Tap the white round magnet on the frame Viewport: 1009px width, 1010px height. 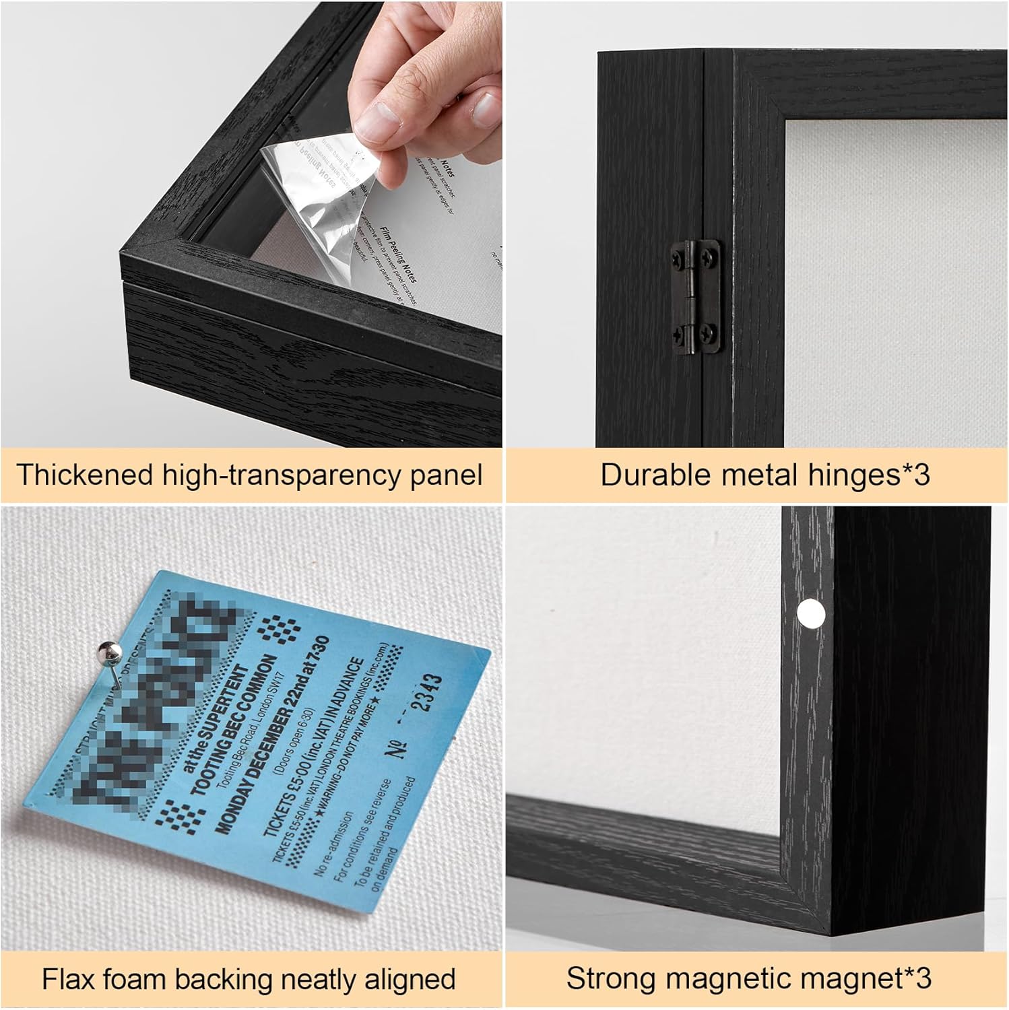[811, 613]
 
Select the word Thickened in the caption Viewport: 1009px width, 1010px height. [86, 475]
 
